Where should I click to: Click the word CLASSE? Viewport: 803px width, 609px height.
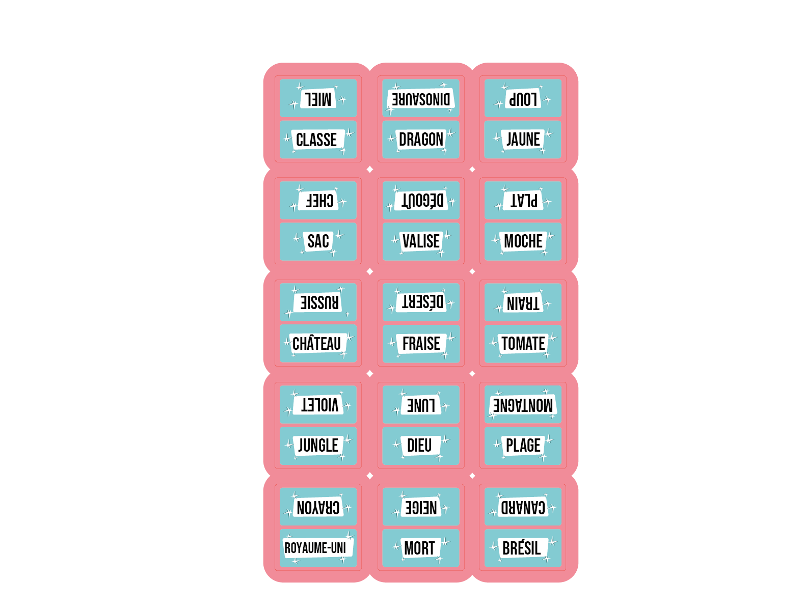pyautogui.click(x=316, y=140)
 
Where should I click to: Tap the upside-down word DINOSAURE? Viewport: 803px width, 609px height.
pyautogui.click(x=421, y=99)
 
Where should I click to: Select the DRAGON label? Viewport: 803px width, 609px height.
pyautogui.click(x=421, y=139)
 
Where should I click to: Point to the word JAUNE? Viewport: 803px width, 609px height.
pyautogui.click(x=523, y=139)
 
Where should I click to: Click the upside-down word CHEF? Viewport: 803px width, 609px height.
pyautogui.click(x=319, y=201)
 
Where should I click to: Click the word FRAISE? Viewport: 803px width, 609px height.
pyautogui.click(x=421, y=343)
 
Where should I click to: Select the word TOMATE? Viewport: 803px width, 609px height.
pyautogui.click(x=523, y=343)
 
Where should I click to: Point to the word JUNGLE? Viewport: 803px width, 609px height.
pyautogui.click(x=318, y=445)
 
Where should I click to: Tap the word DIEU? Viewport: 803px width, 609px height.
pyautogui.click(x=419, y=445)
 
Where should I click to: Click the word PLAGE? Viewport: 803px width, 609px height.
pyautogui.click(x=523, y=445)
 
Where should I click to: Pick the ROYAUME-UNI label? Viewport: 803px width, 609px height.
pyautogui.click(x=315, y=547)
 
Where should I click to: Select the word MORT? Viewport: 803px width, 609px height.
pyautogui.click(x=419, y=547)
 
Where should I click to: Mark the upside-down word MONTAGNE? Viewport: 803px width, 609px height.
pyautogui.click(x=523, y=405)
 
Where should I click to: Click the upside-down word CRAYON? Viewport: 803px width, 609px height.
pyautogui.click(x=318, y=507)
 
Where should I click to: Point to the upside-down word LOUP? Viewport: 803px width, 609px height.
pyautogui.click(x=523, y=99)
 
